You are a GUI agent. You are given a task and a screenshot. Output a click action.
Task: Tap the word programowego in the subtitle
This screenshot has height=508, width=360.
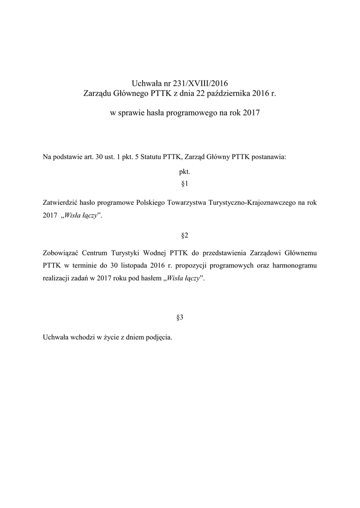(x=190, y=114)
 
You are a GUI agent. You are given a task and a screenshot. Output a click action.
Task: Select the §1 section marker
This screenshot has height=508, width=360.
(x=180, y=185)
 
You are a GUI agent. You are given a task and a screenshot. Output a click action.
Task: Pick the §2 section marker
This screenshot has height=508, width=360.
(x=180, y=234)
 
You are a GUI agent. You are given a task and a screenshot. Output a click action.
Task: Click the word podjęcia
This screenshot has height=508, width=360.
(x=157, y=337)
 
